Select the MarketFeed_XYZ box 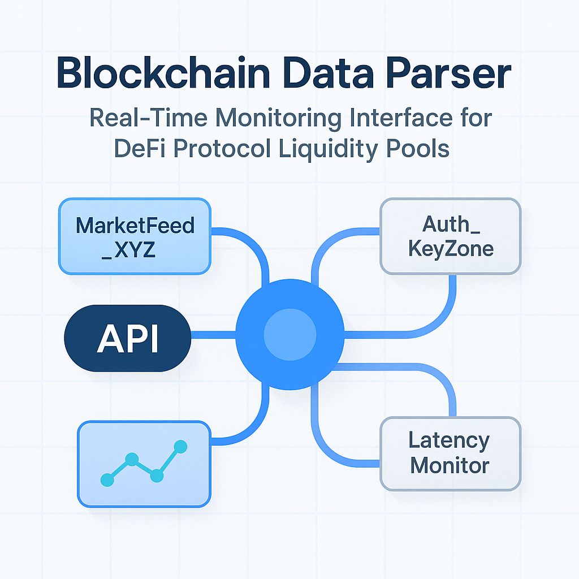[135, 236]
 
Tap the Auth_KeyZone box [450, 236]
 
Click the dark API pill [128, 338]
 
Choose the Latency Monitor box [450, 453]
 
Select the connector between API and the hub [214, 338]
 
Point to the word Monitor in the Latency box [450, 466]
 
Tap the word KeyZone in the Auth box [450, 249]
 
